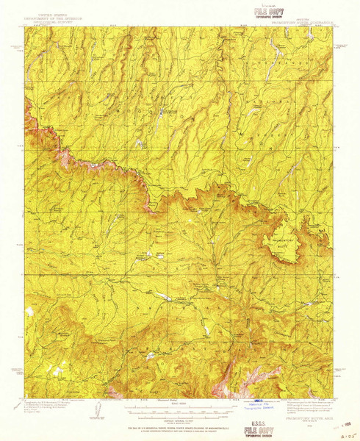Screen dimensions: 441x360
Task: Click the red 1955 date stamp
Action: click(344, 422)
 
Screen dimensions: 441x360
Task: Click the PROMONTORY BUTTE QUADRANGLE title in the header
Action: click(303, 23)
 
